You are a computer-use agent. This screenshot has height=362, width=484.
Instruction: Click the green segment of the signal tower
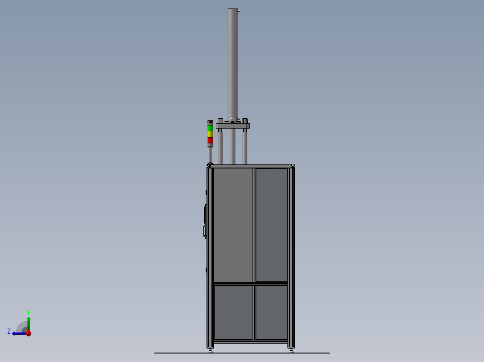click(x=210, y=128)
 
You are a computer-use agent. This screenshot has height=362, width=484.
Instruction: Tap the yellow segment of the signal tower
click(x=210, y=134)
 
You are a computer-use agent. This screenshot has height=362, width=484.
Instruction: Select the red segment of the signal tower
click(x=210, y=140)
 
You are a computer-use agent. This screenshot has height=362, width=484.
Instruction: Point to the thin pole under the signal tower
click(x=210, y=155)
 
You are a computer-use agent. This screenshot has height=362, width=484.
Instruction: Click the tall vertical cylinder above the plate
click(x=232, y=63)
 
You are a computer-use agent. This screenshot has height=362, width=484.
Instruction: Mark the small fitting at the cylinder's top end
click(x=239, y=10)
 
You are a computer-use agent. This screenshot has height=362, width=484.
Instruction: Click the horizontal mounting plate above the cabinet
click(x=233, y=126)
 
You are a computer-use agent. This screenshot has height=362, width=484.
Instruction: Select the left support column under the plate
click(x=220, y=148)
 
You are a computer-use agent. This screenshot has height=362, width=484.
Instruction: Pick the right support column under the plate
click(x=245, y=148)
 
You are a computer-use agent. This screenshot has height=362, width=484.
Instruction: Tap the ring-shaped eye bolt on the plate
click(x=232, y=120)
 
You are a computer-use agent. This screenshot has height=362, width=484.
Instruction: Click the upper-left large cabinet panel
click(x=233, y=224)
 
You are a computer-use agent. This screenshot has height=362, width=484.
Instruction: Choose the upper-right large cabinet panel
click(x=271, y=224)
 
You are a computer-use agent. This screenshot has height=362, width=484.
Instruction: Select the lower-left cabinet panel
click(x=233, y=312)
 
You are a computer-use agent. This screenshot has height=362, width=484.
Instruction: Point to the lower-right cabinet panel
click(x=271, y=312)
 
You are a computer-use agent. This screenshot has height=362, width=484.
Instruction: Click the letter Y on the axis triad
click(x=28, y=311)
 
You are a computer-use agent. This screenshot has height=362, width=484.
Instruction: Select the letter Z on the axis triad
click(x=9, y=331)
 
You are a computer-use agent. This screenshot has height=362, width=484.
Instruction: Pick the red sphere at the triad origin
click(x=28, y=333)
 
